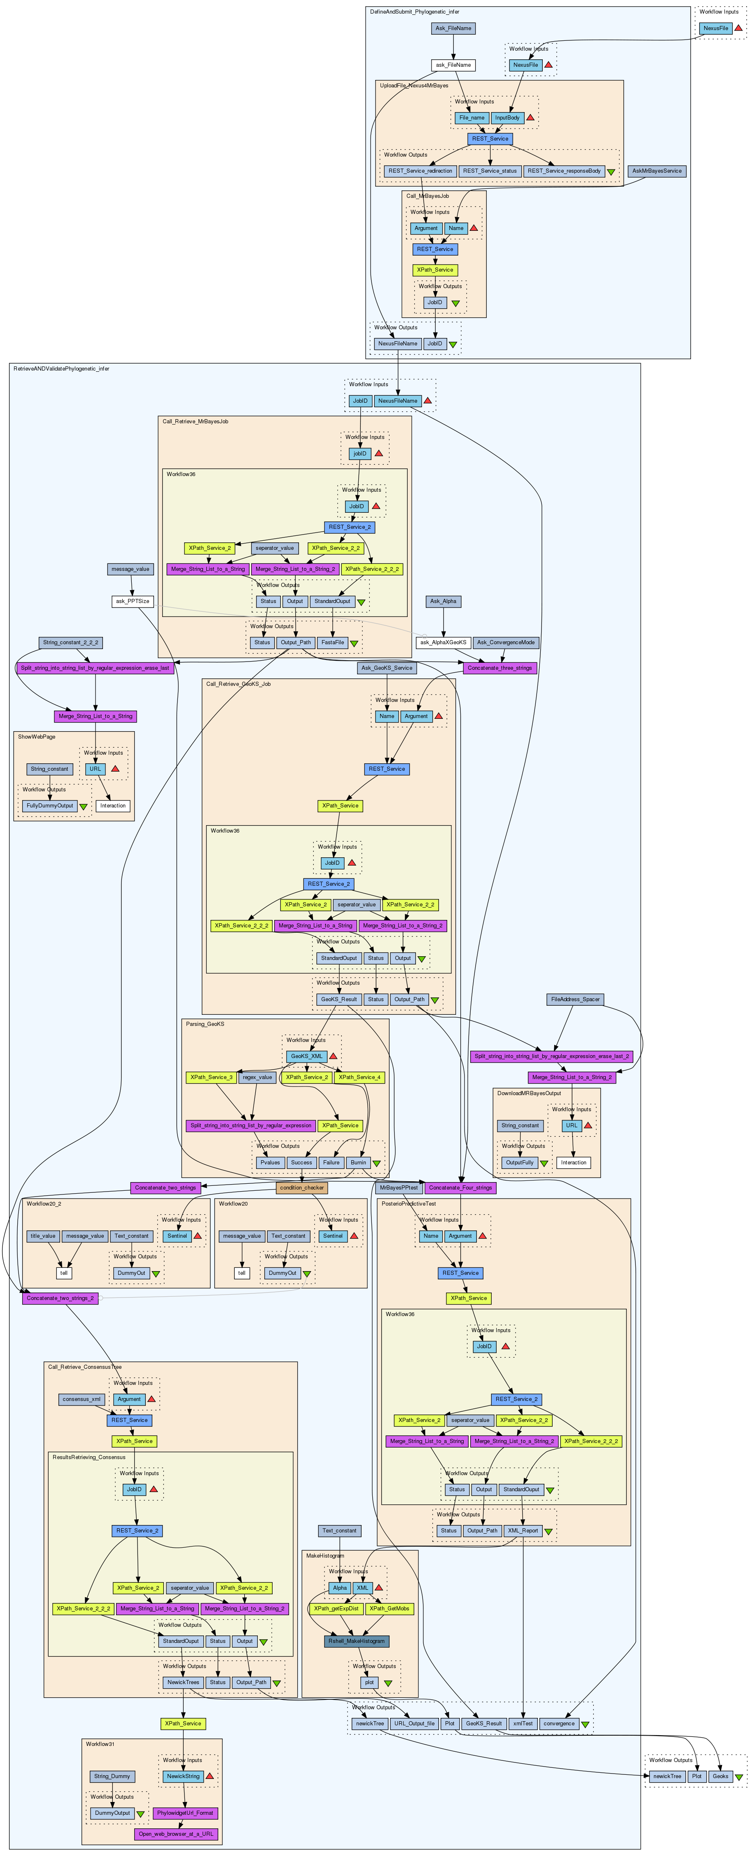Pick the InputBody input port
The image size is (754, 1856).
click(x=507, y=117)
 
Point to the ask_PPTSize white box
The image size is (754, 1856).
click(x=133, y=601)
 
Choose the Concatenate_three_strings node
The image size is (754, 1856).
click(x=500, y=668)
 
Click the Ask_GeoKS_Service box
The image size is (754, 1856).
click(x=387, y=668)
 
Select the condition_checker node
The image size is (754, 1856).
click(x=302, y=1187)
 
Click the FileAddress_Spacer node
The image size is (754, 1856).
click(x=575, y=1000)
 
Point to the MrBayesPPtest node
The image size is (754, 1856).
click(x=399, y=1187)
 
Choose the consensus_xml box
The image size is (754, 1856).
click(x=82, y=1399)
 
